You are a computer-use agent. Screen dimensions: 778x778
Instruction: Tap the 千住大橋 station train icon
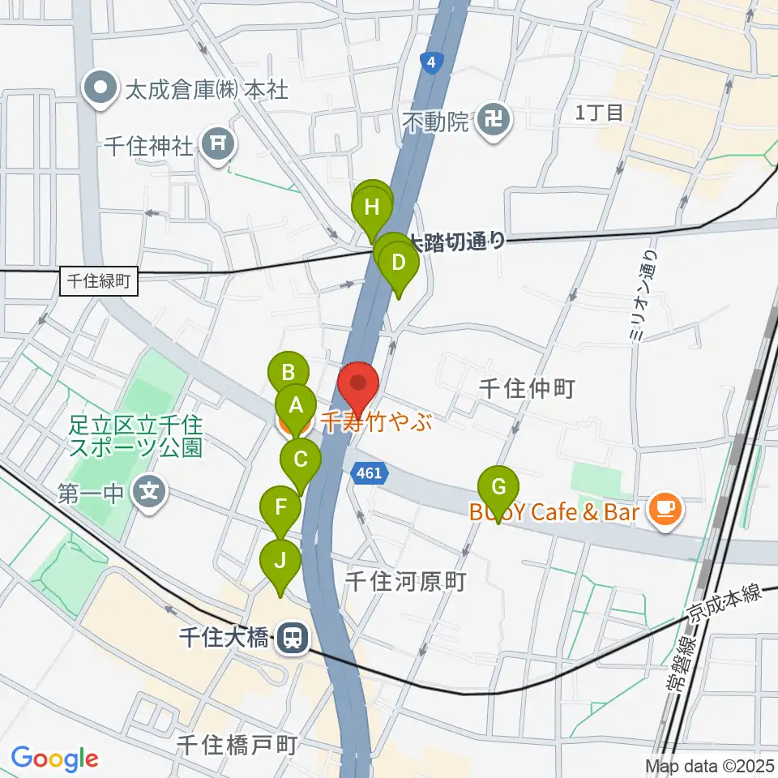[x=290, y=638]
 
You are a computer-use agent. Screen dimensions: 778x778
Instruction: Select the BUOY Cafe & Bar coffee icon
[x=667, y=510]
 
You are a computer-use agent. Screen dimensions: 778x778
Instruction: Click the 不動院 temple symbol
[x=494, y=122]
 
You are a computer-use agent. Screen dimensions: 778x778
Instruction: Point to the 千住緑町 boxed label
[x=100, y=282]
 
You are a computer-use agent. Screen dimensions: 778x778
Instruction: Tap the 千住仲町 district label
[x=526, y=389]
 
